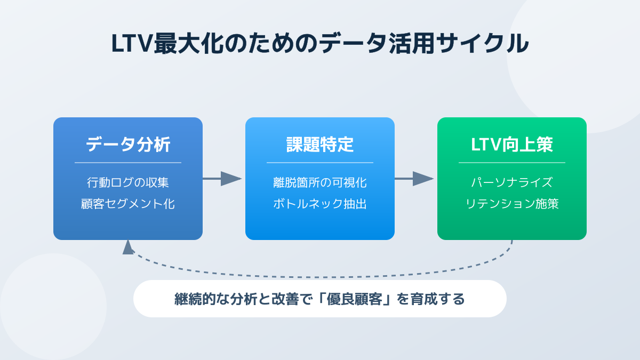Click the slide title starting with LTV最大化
319,43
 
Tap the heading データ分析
128,145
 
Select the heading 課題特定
319,145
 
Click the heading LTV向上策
511,145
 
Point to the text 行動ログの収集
128,182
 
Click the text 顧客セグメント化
128,204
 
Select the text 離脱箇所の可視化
319,182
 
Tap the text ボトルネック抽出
319,204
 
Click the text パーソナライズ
511,182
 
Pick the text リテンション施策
511,204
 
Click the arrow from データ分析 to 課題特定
222,179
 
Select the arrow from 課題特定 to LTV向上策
414,179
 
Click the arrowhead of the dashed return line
128,247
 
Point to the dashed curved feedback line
320,277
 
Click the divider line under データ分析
128,163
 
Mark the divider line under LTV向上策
511,163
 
